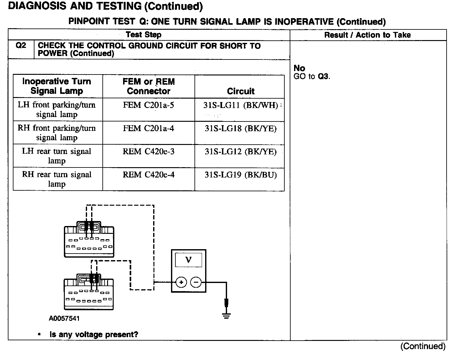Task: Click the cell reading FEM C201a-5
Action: click(148, 105)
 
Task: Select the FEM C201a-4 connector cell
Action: click(148, 128)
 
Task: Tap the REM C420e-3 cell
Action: click(148, 152)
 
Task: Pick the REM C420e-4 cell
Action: click(148, 175)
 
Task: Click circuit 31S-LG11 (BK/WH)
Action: click(241, 105)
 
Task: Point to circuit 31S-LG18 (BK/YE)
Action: click(241, 128)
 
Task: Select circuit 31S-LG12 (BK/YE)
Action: click(241, 152)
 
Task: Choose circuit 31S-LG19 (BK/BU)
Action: click(241, 175)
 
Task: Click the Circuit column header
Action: click(241, 91)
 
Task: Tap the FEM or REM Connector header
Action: click(148, 86)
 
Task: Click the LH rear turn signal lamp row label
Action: click(57, 156)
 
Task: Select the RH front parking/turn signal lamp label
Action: click(57, 133)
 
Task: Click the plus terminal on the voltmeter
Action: click(181, 282)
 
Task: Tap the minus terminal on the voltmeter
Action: click(196, 282)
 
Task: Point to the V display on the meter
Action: click(189, 260)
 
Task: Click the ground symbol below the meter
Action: click(226, 315)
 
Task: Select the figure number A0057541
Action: click(64, 318)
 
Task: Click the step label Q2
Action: click(21, 46)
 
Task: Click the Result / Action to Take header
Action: click(367, 35)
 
